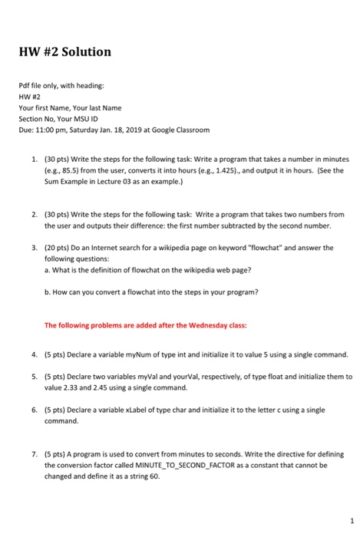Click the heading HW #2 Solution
pyautogui.click(x=66, y=53)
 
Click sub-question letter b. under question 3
pyautogui.click(x=48, y=292)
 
